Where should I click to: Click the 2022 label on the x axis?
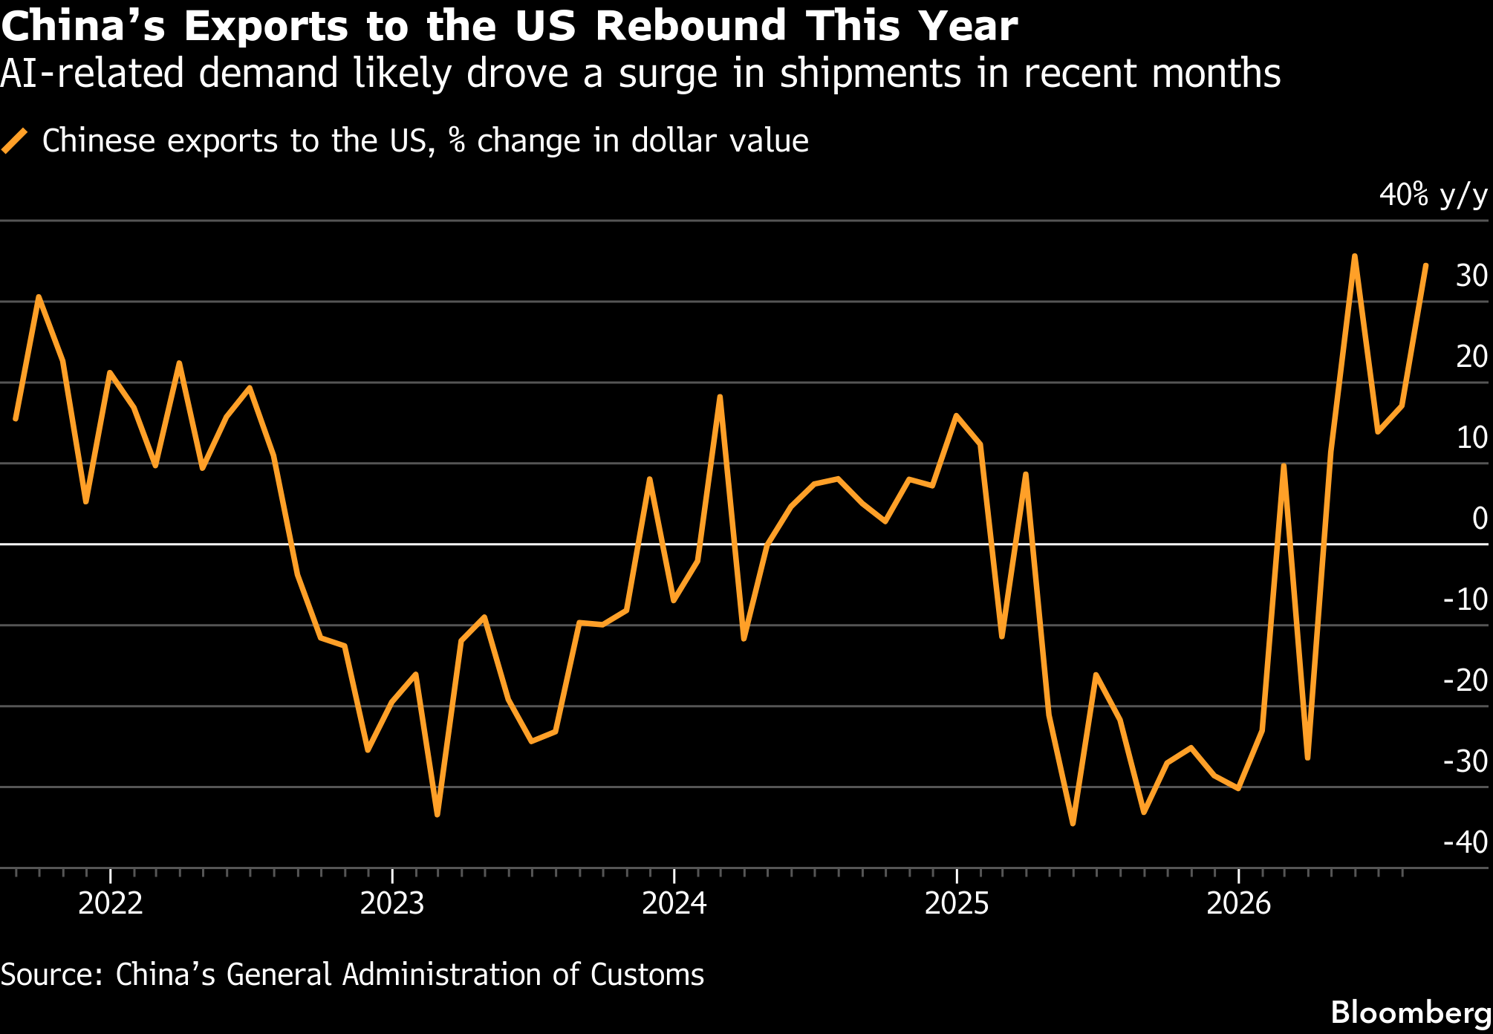tap(110, 903)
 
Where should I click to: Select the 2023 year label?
tap(392, 903)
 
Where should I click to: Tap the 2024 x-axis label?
tap(674, 903)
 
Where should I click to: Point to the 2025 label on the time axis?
tap(957, 903)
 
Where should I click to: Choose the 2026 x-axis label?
tap(1239, 903)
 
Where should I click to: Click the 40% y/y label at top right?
tap(1434, 195)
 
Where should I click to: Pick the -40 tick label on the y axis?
tap(1466, 842)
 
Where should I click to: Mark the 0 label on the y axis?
tap(1480, 518)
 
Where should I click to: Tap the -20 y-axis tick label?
tap(1466, 680)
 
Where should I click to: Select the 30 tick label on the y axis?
tap(1471, 276)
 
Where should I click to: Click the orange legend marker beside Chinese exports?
tap(15, 140)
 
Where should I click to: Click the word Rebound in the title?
tap(691, 26)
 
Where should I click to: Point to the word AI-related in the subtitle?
tap(92, 74)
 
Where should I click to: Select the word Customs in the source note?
tap(647, 975)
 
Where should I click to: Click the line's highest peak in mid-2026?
tap(1355, 256)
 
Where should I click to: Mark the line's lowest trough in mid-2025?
tap(1073, 823)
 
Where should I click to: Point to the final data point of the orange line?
tap(1425, 265)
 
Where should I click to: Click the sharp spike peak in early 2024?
tap(719, 397)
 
